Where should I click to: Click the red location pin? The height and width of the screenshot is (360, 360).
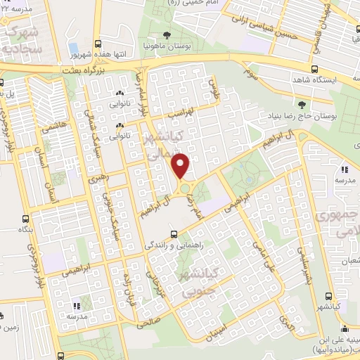pos(181,166)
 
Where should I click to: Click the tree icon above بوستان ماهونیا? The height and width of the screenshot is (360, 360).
pos(166,34)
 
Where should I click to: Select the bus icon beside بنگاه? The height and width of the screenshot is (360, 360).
pos(26,219)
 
